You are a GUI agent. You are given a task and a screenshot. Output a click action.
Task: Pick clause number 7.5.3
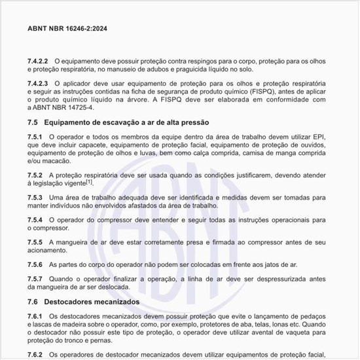(x=35, y=197)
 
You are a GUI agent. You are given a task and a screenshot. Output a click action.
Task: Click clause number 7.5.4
(x=35, y=220)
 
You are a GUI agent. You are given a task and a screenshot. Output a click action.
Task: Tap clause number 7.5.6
(x=35, y=265)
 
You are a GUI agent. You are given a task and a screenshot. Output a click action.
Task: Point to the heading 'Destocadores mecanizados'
(x=92, y=302)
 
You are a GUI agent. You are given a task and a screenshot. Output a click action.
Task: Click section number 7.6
(x=33, y=302)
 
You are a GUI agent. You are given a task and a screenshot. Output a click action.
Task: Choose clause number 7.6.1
(x=35, y=316)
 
